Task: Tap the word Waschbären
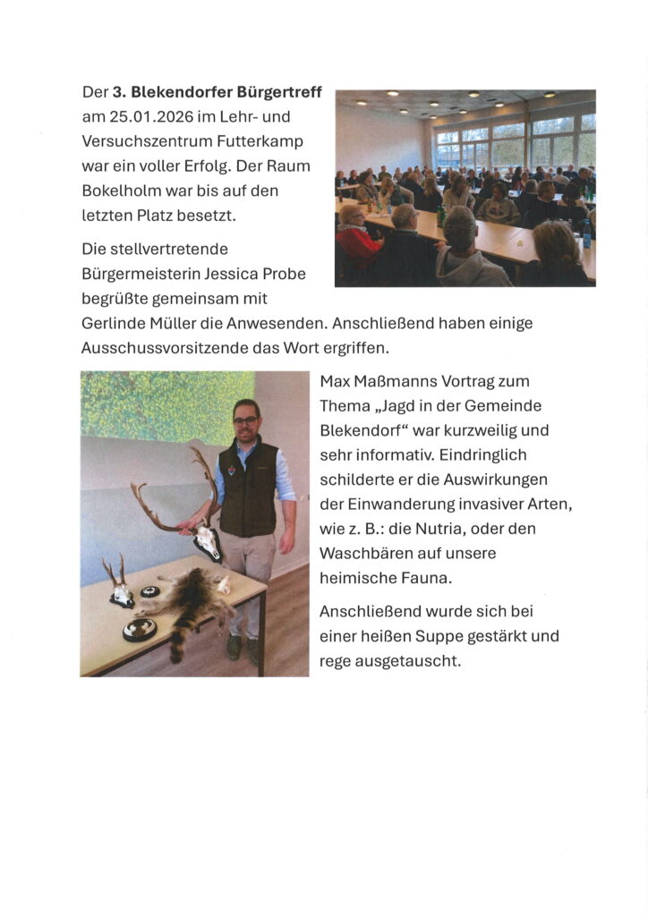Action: tap(366, 553)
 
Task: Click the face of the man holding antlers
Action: tap(245, 418)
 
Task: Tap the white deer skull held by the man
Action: tap(207, 541)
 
